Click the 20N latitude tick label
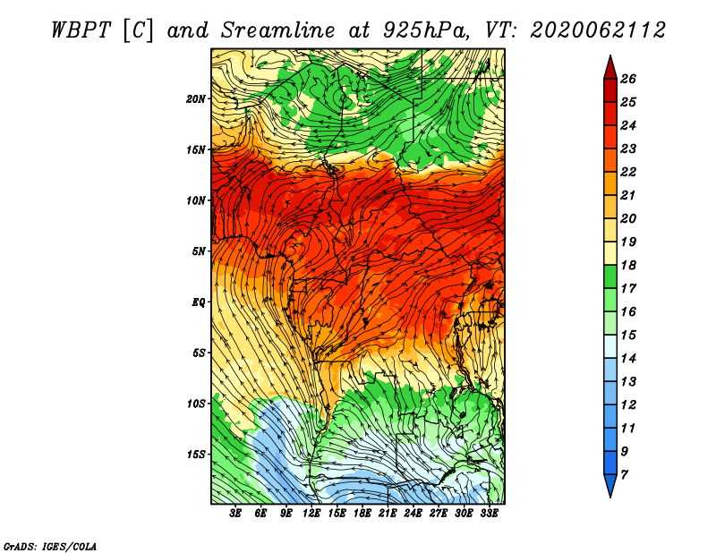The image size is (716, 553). [x=196, y=99]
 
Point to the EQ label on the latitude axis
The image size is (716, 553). [x=199, y=302]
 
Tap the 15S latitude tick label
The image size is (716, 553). [x=196, y=455]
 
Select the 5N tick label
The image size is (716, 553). [x=199, y=251]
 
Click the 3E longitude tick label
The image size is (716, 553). [x=235, y=514]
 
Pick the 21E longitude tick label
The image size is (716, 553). [x=388, y=514]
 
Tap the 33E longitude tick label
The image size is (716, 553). [x=489, y=514]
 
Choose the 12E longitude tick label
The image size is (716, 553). [x=311, y=514]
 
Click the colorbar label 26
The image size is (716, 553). [x=628, y=79]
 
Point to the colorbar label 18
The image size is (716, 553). [x=628, y=265]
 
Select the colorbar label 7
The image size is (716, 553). [x=624, y=475]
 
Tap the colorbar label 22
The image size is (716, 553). [x=628, y=172]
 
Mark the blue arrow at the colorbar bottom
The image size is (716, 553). [x=610, y=484]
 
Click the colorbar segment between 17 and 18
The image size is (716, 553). [x=610, y=276]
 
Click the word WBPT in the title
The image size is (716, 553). [x=81, y=30]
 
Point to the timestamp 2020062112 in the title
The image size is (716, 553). [x=598, y=30]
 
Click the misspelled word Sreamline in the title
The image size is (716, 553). [x=278, y=30]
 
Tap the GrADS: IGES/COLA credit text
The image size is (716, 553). [x=50, y=546]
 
